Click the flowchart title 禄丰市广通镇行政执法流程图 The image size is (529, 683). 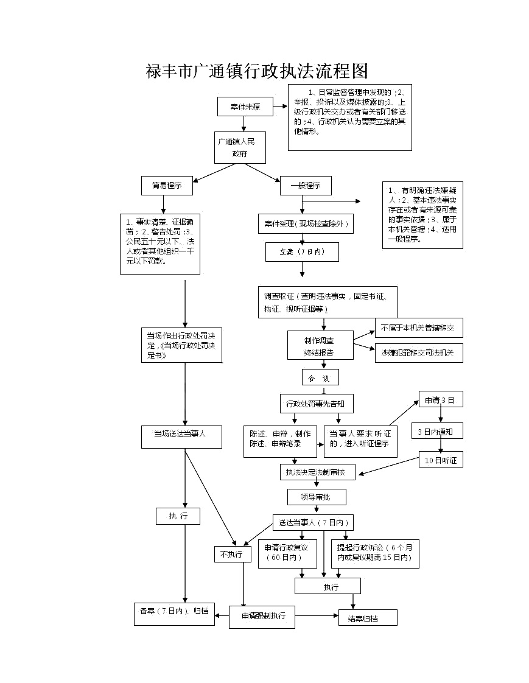pos(257,71)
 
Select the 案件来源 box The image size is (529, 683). pos(245,107)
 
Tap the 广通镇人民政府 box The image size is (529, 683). pos(240,147)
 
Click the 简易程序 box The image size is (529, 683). pos(167,186)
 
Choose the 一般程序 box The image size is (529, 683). pos(306,186)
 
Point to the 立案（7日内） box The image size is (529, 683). pos(302,252)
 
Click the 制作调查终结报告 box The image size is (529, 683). pos(320,345)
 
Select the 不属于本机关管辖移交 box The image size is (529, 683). pos(418,328)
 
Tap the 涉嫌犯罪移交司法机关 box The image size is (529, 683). pos(418,352)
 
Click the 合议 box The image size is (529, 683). pos(320,377)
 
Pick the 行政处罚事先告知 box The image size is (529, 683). pos(317,403)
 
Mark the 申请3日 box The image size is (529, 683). pos(440,400)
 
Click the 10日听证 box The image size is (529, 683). pos(441,460)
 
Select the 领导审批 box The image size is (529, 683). pos(317,497)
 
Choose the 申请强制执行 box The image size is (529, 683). pos(262,617)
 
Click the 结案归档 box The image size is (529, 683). pos(368,618)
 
